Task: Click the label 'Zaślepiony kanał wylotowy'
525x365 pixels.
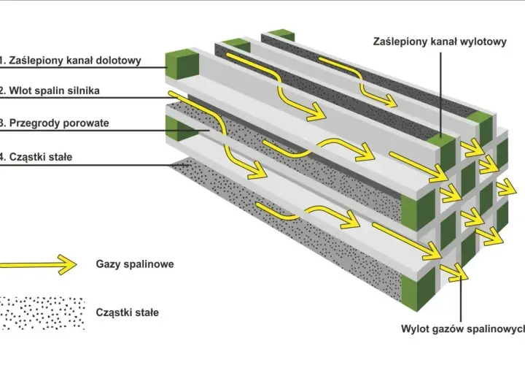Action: (440, 42)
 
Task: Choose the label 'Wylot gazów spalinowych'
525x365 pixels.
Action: (463, 328)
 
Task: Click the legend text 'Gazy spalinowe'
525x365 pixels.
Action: (135, 264)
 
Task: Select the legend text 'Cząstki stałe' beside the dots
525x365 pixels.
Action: (127, 312)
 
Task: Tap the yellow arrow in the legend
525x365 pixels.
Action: (38, 264)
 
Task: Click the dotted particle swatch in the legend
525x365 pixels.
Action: (42, 313)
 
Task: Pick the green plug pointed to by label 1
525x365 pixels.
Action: (182, 64)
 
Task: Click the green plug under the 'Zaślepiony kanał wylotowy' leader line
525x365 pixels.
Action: (442, 147)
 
